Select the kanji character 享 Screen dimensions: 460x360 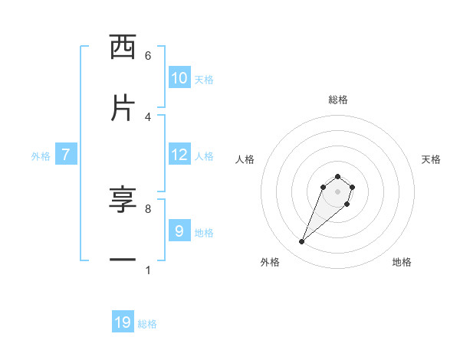[123, 201]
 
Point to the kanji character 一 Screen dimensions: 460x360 [123, 260]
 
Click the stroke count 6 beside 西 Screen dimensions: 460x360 [148, 55]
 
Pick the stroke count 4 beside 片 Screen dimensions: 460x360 [148, 116]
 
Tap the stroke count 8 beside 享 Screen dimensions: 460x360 [148, 208]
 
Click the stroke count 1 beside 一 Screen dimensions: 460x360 [148, 270]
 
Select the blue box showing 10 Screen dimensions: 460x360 [179, 78]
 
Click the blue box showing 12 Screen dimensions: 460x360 [179, 155]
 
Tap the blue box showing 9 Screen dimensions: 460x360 [179, 231]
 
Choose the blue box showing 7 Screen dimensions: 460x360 [66, 155]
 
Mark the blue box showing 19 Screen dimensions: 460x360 [123, 322]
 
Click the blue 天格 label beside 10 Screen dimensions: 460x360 [204, 80]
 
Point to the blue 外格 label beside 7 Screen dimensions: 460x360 [41, 156]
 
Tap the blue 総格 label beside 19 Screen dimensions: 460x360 [147, 324]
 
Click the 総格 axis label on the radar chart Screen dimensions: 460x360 [337, 100]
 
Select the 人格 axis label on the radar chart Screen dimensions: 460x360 [245, 159]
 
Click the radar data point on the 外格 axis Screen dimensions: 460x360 [302, 242]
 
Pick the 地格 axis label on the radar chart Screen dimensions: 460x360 [402, 262]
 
